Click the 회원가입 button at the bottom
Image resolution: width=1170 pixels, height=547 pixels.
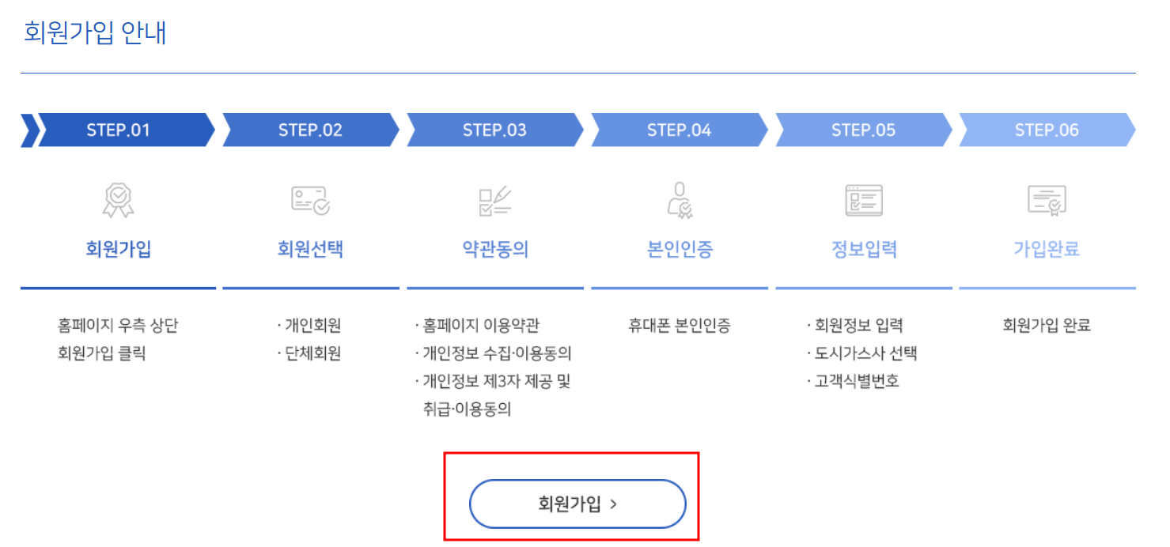[x=577, y=504]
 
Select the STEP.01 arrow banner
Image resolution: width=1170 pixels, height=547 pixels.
[x=119, y=130]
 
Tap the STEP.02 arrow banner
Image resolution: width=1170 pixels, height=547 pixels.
[x=310, y=130]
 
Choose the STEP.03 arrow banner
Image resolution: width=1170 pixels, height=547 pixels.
[x=494, y=130]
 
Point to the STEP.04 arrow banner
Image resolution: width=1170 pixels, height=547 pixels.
[x=679, y=130]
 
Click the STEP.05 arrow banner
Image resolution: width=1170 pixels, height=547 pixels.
[x=863, y=130]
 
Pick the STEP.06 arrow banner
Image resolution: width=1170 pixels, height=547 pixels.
[x=1047, y=130]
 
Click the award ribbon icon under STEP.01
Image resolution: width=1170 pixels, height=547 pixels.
[x=119, y=200]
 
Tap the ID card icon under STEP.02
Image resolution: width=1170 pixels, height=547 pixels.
[x=310, y=200]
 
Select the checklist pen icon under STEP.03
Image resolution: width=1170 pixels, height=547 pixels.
[x=495, y=201]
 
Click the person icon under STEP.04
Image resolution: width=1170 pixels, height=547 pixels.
[x=680, y=200]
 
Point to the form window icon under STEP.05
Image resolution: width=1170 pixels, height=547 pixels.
[x=863, y=200]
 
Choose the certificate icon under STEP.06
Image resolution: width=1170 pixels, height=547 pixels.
[x=1047, y=200]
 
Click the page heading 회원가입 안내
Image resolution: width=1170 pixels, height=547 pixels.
[x=95, y=33]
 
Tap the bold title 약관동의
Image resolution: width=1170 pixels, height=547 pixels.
[x=495, y=250]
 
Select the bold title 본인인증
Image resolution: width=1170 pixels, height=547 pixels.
[x=680, y=250]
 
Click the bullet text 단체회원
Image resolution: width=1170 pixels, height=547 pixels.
[x=313, y=353]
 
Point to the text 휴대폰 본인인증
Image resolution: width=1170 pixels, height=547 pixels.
[x=680, y=325]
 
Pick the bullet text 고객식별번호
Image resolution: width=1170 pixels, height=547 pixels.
[x=857, y=382]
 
